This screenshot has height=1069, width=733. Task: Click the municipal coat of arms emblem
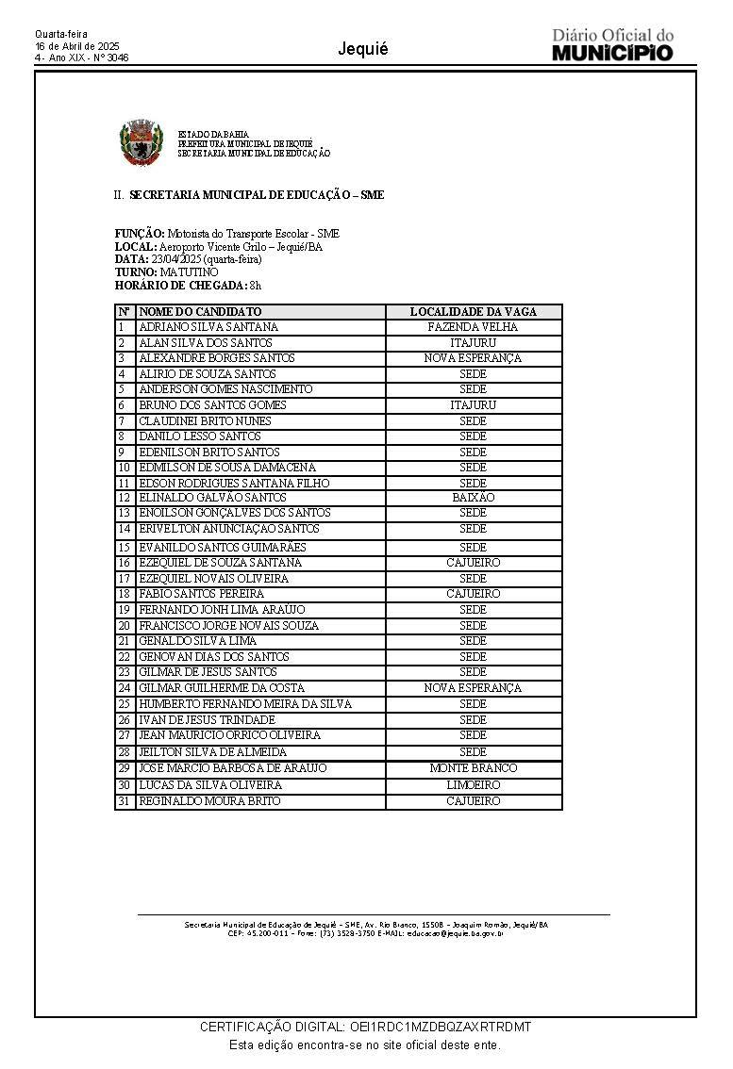tap(142, 143)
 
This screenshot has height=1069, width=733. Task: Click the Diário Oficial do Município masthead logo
tap(612, 45)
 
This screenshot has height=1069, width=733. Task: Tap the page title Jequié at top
tap(362, 50)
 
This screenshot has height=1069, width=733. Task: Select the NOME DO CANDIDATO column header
tap(200, 312)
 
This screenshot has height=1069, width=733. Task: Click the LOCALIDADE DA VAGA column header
tap(473, 312)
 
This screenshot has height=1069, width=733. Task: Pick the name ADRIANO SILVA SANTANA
tap(208, 327)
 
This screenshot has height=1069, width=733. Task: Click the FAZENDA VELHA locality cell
tap(473, 327)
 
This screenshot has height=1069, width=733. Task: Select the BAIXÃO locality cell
tap(473, 498)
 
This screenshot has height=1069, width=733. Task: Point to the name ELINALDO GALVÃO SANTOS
tap(212, 498)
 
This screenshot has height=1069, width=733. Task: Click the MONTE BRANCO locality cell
tap(473, 768)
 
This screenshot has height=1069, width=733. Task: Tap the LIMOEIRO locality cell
tap(473, 785)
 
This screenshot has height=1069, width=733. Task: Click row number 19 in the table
tap(124, 610)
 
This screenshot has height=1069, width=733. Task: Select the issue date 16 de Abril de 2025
tap(77, 45)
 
